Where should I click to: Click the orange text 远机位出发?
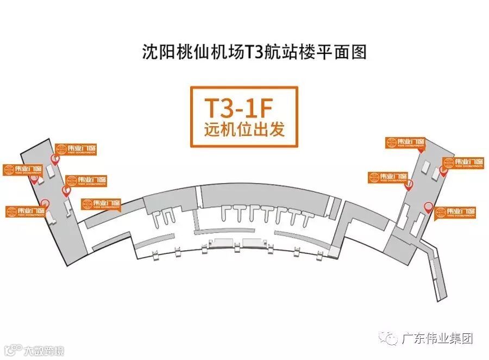[244, 131]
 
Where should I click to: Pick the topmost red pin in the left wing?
[55, 159]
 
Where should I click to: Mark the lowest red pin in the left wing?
[46, 206]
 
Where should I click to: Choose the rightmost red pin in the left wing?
[66, 190]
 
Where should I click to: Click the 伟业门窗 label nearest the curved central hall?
[101, 204]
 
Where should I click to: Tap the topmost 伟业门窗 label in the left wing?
[74, 148]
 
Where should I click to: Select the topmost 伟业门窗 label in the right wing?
[406, 142]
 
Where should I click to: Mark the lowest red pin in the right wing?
[428, 207]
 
